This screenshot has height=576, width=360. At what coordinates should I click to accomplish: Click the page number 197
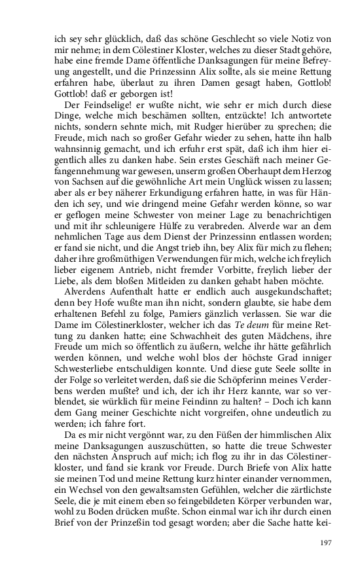(x=327, y=542)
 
